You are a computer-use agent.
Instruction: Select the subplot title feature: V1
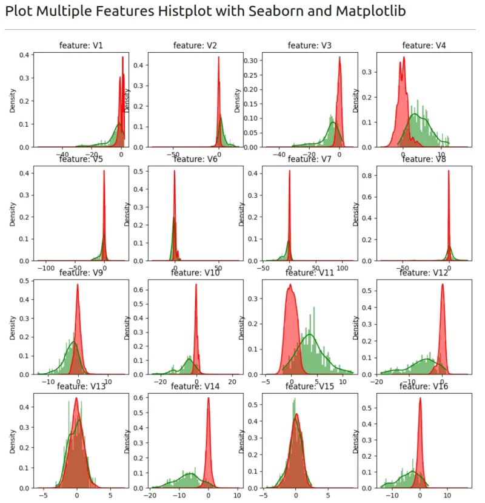point(81,45)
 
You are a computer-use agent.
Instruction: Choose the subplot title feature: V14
point(195,387)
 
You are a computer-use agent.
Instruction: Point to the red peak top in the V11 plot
point(291,285)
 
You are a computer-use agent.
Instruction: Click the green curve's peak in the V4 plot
point(415,113)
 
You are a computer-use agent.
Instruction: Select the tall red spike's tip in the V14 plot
point(209,398)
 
